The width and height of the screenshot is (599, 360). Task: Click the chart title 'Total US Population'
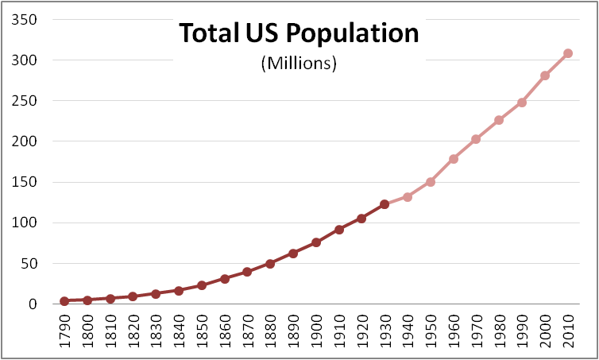[299, 34]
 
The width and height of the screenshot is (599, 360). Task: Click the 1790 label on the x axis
[65, 331]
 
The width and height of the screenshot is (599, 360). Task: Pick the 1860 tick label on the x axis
[225, 331]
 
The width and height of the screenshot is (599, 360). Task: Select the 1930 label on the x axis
[385, 331]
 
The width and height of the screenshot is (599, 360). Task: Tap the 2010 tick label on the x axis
[568, 331]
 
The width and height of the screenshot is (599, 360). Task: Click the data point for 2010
[568, 53]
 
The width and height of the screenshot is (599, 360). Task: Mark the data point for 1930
[385, 204]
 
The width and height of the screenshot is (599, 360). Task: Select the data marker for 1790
[64, 301]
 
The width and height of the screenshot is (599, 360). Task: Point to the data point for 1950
[431, 182]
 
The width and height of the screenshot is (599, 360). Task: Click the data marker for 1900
[316, 242]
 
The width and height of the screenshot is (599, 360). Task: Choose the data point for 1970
[476, 139]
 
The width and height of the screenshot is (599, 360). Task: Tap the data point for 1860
[225, 279]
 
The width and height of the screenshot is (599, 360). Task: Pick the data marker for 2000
[545, 75]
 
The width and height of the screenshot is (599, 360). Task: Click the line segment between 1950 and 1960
[442, 171]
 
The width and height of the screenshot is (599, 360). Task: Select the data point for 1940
[408, 196]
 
